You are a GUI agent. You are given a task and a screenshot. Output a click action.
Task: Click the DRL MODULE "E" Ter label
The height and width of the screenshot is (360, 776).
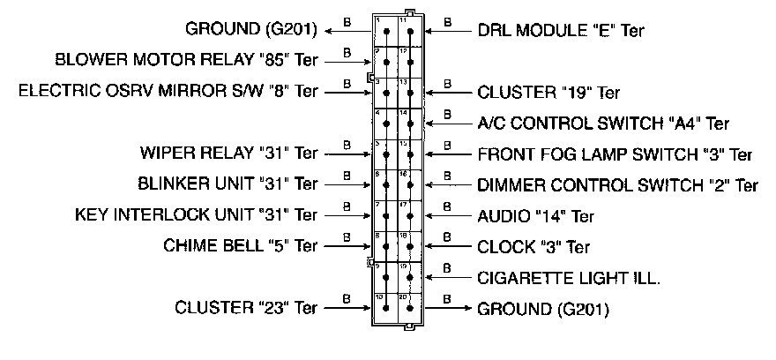point(560,29)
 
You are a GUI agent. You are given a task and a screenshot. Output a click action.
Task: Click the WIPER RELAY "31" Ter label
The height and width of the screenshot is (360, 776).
point(228,153)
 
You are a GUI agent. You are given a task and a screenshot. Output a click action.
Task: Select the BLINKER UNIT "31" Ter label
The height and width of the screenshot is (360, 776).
point(227,184)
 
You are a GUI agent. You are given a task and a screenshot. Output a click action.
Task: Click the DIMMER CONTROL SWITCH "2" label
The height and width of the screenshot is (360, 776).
point(617,185)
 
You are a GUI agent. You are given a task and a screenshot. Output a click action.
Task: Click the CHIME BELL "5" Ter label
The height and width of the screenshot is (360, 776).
point(239,244)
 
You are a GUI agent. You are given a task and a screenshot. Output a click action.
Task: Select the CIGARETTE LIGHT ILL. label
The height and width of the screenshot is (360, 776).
point(569,277)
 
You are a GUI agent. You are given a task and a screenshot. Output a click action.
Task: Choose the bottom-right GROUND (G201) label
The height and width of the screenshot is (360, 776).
point(541,309)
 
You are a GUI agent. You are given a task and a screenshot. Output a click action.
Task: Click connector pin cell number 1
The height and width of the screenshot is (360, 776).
point(385,30)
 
